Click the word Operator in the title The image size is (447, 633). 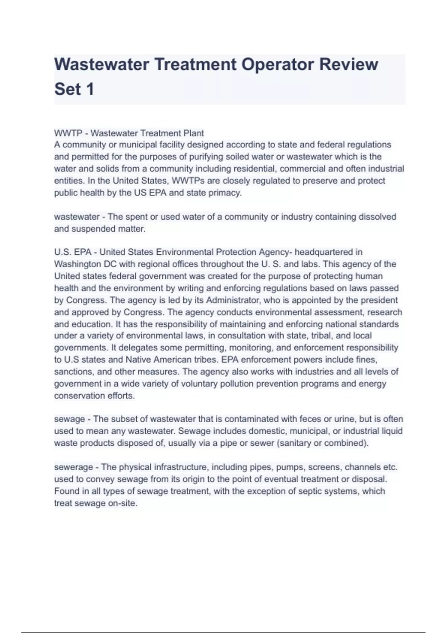[x=277, y=64]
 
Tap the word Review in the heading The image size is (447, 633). [x=348, y=64]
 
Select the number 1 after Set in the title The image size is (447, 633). [x=90, y=89]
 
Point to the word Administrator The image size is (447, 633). [x=234, y=300]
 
